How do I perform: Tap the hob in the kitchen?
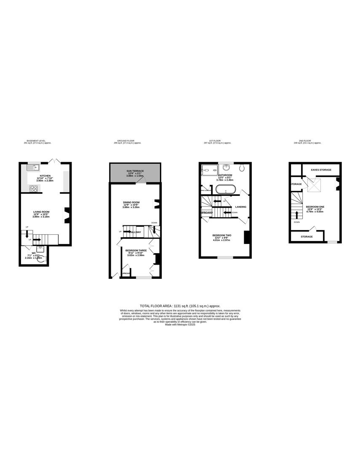(x=33, y=188)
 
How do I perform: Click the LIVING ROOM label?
(x=42, y=212)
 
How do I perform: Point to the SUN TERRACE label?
(x=135, y=171)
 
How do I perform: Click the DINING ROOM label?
(x=131, y=202)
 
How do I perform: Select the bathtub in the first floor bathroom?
(x=225, y=189)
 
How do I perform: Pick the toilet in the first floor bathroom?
(x=242, y=168)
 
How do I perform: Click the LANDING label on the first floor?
(x=241, y=207)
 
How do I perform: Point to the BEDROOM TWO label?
(x=222, y=235)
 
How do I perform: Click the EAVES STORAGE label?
(x=321, y=170)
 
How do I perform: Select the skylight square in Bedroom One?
(x=314, y=184)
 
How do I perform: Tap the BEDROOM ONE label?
(x=315, y=206)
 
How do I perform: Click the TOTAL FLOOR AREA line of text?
(x=180, y=306)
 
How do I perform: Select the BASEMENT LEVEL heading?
(x=36, y=141)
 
